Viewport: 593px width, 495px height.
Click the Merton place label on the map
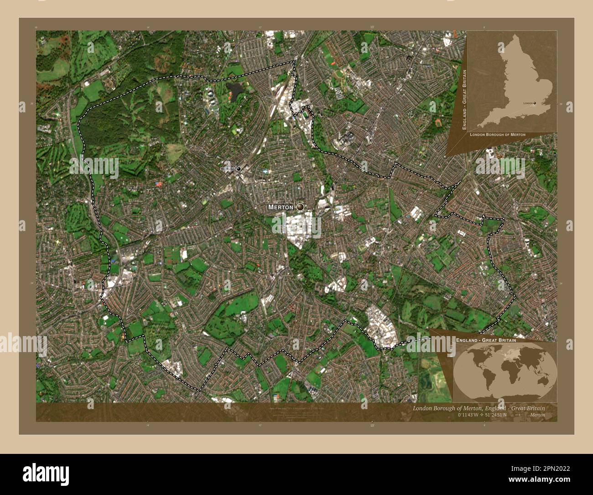(x=281, y=207)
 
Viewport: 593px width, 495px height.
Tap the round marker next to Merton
(x=300, y=207)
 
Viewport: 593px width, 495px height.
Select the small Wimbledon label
(x=227, y=169)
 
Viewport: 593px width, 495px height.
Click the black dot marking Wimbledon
(x=238, y=169)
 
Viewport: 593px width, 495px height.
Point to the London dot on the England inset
(x=534, y=103)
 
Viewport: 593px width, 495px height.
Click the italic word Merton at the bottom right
(x=537, y=415)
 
